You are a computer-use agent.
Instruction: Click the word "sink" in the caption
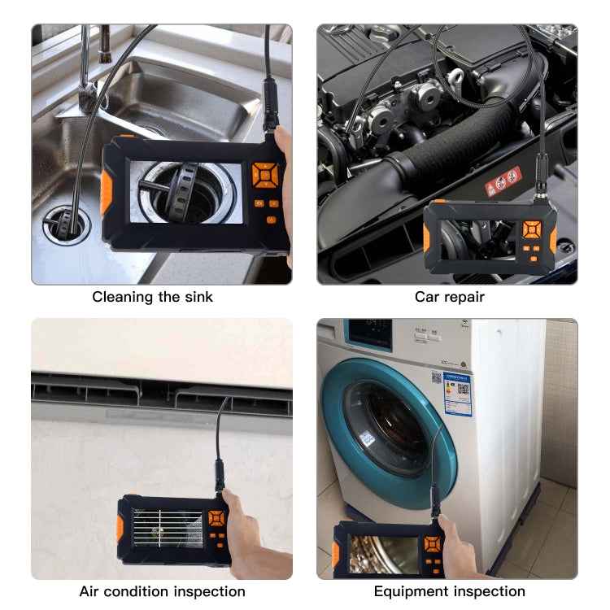196,297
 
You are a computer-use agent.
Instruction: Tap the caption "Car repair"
449,297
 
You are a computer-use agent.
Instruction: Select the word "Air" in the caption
91,591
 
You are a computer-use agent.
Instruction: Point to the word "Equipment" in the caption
407,591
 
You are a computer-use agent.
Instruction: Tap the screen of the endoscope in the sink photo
190,192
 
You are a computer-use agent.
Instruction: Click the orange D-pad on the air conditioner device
216,518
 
